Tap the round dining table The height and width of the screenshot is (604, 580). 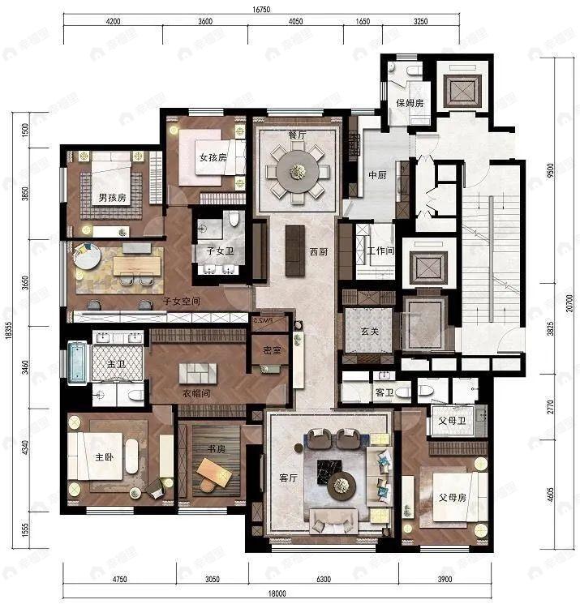click(298, 171)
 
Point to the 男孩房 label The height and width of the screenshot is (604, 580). click(112, 197)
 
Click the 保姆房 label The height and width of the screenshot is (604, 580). click(410, 103)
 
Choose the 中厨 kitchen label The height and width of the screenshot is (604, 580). click(376, 175)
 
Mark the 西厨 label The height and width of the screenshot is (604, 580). click(318, 252)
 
